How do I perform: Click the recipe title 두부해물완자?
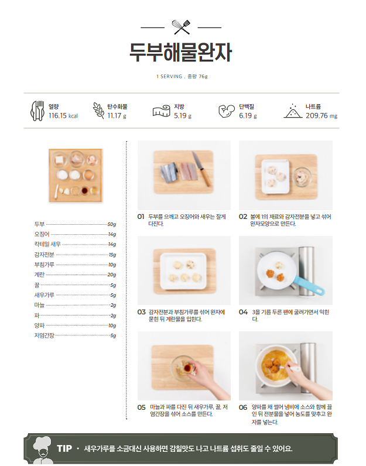tap(181, 52)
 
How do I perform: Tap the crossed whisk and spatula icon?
tap(182, 27)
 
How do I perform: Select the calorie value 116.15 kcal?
tap(63, 116)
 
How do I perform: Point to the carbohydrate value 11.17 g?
tap(117, 116)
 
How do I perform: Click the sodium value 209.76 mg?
tap(321, 116)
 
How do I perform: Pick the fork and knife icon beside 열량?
tap(37, 110)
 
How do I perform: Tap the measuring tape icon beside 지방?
tap(161, 111)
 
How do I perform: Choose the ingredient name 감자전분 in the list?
tap(45, 255)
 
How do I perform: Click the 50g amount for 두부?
tap(112, 224)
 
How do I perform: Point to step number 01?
tap(141, 217)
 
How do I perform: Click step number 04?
tap(243, 312)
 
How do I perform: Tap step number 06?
tap(243, 407)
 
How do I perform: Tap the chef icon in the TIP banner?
tap(42, 450)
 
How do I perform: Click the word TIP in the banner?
tap(64, 448)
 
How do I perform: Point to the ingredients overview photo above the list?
tap(75, 176)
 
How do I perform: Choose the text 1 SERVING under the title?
tap(169, 77)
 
